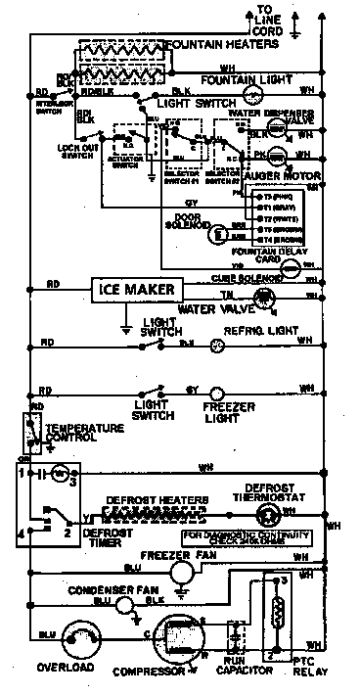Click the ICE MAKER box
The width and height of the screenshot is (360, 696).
tap(136, 290)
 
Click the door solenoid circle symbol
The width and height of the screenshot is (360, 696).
tap(220, 232)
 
